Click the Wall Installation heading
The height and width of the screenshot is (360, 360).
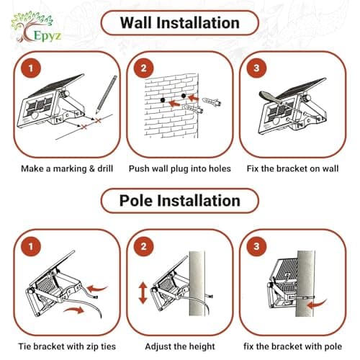coord(179,22)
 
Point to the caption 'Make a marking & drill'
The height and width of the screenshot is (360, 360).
coord(61,168)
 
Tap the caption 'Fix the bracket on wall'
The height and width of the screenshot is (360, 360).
coord(297,168)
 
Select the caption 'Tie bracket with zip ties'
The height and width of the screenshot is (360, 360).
coord(61,346)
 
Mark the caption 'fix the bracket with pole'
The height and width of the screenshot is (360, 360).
coord(297,346)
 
